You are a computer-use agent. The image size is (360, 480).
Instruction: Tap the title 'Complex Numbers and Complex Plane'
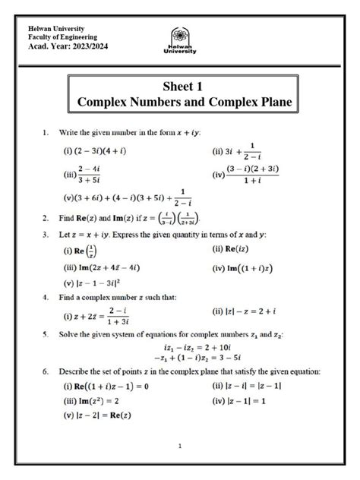[x=180, y=102]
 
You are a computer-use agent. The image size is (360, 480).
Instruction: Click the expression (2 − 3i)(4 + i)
[x=99, y=150]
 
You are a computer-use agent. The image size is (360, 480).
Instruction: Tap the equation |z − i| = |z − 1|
[x=249, y=386]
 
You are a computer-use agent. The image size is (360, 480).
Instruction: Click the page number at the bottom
[x=179, y=446]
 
